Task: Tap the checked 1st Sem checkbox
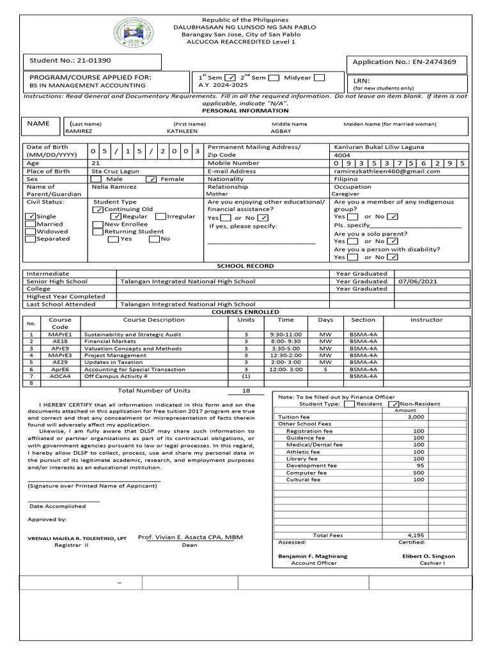click(231, 78)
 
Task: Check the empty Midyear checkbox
click(319, 78)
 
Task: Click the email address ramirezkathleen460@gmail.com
click(387, 171)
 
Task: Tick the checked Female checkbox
click(152, 180)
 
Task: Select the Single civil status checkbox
click(30, 217)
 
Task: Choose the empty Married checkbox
click(30, 225)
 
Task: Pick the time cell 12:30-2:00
click(286, 355)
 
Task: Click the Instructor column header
click(426, 320)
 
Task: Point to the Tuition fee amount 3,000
click(416, 416)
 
